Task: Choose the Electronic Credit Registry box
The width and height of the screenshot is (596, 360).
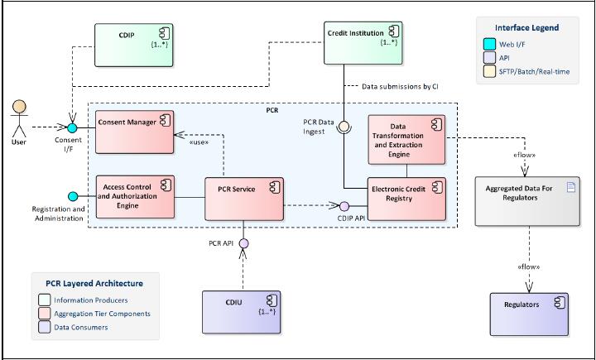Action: [406, 199]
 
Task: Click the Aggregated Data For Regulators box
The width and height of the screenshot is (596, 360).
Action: [526, 199]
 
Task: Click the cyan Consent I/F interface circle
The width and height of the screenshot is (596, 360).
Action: [71, 128]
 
